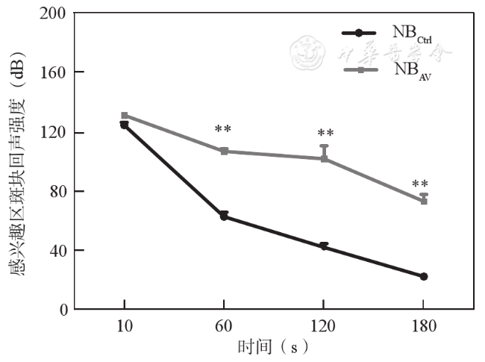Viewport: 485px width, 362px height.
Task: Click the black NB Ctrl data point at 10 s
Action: click(x=124, y=125)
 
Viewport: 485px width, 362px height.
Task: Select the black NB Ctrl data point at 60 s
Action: click(x=223, y=216)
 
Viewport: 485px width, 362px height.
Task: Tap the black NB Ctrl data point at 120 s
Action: click(x=324, y=246)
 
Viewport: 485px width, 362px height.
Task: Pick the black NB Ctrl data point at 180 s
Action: click(x=424, y=276)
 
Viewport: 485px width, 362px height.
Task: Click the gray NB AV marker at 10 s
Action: click(x=125, y=116)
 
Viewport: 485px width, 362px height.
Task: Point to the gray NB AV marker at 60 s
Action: click(x=223, y=151)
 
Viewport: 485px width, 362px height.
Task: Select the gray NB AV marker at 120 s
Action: click(x=324, y=158)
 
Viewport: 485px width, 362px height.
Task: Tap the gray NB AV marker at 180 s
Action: click(x=424, y=201)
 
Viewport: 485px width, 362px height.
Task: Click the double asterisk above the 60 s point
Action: click(x=223, y=130)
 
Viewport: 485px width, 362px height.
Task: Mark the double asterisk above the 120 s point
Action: click(x=325, y=134)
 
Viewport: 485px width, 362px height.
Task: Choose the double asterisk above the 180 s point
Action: click(x=420, y=185)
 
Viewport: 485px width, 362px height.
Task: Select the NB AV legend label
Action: click(x=411, y=71)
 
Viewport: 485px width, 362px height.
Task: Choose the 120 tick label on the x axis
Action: click(x=323, y=326)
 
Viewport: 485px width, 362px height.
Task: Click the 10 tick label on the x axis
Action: click(x=124, y=326)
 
